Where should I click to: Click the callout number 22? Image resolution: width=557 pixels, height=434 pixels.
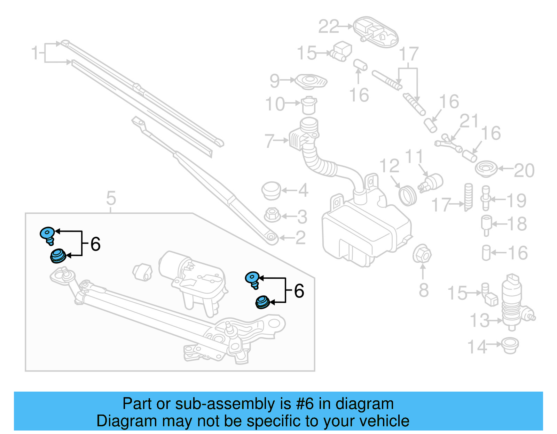[329, 26]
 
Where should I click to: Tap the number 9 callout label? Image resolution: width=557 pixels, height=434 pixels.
[275, 81]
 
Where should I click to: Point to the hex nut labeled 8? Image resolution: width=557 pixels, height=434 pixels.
[422, 254]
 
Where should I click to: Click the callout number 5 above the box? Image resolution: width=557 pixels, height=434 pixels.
[111, 198]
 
